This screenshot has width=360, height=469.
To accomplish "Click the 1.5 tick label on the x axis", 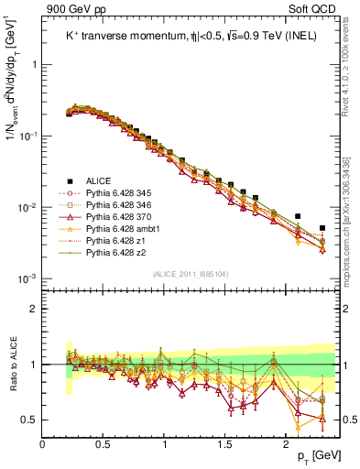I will [x=224, y=443].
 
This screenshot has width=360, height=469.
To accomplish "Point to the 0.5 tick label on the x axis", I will [x=103, y=443].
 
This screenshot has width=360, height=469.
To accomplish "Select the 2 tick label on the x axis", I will [x=285, y=443].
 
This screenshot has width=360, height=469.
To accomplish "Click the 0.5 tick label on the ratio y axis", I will [x=29, y=420].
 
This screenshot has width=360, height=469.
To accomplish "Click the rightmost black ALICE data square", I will [x=322, y=228].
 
